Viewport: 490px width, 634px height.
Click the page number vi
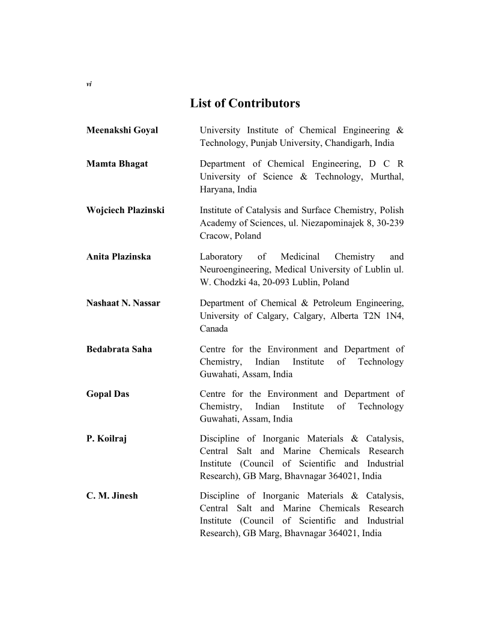89,84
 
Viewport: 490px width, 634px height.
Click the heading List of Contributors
245,103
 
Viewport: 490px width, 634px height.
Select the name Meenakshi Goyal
122,130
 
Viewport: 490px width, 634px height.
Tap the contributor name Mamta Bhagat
117,164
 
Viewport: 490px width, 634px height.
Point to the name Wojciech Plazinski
126,210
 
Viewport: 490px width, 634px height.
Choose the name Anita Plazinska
118,257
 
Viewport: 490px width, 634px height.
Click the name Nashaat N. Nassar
123,303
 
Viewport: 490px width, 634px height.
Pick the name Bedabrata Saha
119,349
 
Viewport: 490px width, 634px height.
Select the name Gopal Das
107,394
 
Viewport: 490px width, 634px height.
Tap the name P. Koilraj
106,439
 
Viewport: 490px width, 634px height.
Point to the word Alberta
348,316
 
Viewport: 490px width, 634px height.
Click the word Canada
214,329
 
